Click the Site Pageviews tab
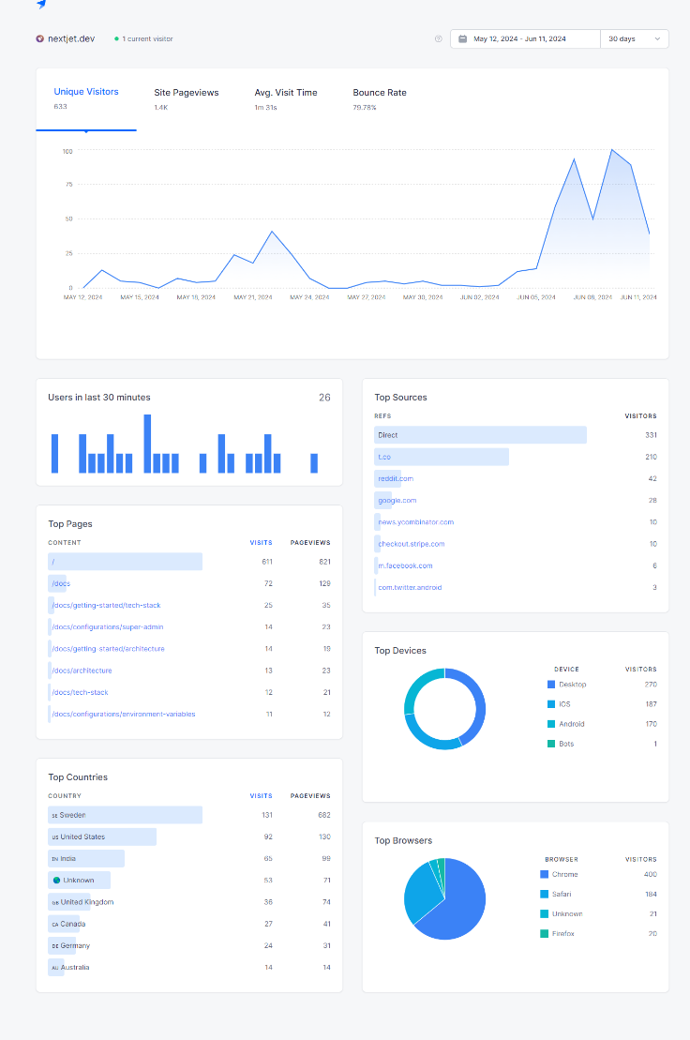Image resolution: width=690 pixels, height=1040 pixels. (187, 93)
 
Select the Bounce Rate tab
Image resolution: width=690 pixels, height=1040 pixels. (380, 93)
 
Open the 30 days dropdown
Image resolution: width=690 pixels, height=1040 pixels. (635, 38)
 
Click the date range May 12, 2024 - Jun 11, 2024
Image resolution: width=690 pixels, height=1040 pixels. (519, 38)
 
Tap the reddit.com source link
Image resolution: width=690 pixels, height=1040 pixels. (395, 478)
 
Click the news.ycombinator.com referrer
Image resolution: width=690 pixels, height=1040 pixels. (415, 521)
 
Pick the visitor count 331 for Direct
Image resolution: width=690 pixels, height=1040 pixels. (651, 435)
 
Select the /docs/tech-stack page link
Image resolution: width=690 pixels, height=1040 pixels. (80, 692)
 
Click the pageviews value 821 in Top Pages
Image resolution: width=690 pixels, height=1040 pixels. (323, 562)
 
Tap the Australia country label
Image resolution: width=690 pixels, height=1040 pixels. (75, 967)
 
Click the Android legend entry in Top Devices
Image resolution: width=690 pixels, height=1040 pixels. (571, 724)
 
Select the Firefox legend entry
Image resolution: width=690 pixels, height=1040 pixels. (564, 933)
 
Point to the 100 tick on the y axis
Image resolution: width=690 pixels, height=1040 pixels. (67, 151)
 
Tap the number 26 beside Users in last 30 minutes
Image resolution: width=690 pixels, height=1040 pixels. (324, 398)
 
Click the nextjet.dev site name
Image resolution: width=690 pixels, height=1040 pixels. (71, 38)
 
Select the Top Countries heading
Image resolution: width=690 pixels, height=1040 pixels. (78, 776)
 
